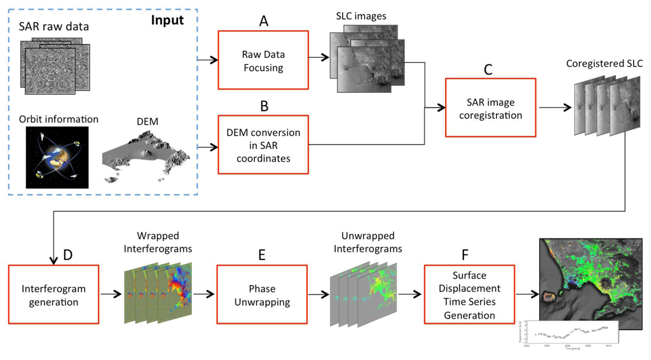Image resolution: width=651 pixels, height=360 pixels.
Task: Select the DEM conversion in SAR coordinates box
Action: click(263, 144)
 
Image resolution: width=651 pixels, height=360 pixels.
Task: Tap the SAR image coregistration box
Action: click(490, 107)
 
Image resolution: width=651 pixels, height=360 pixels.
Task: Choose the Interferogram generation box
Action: click(54, 294)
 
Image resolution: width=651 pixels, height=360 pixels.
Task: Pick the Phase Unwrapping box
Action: click(262, 294)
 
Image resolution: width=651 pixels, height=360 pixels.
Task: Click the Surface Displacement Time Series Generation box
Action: click(469, 295)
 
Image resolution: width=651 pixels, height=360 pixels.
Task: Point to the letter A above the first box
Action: click(263, 20)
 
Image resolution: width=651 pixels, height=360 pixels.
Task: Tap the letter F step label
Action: click(465, 254)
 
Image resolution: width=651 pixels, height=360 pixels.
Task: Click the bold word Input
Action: click(167, 20)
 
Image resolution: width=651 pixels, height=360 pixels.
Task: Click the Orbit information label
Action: click(58, 119)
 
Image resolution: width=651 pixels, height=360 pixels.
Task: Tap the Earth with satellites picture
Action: click(57, 157)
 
